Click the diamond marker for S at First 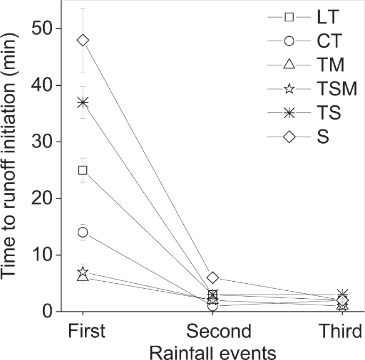pyautogui.click(x=83, y=40)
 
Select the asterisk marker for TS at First pyautogui.click(x=83, y=102)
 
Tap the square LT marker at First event pyautogui.click(x=83, y=170)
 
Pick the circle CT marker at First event pyautogui.click(x=83, y=232)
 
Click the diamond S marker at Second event pyautogui.click(x=213, y=277)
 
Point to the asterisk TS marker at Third pyautogui.click(x=343, y=294)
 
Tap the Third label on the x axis pyautogui.click(x=343, y=331)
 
